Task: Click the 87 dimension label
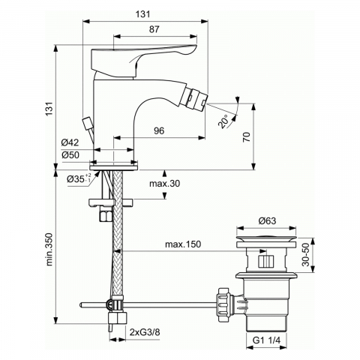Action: (x=154, y=29)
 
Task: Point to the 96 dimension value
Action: (x=159, y=130)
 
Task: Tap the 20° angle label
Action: (x=223, y=121)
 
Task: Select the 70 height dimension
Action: (x=247, y=136)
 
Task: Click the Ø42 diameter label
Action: (x=70, y=142)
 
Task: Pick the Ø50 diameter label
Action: (x=70, y=155)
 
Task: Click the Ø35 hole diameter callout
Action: (x=78, y=178)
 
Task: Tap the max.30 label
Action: (x=164, y=184)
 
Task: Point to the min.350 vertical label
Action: (x=49, y=249)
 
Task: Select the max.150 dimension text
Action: (x=183, y=244)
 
